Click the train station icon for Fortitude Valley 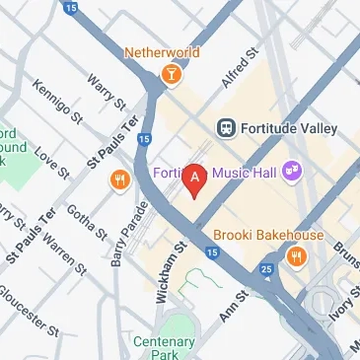click(226, 128)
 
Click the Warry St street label click(107, 92)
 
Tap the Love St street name click(52, 163)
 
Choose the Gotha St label click(86, 223)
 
